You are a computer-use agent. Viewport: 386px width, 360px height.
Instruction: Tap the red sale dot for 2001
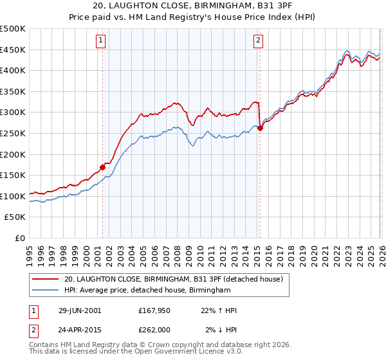pos(103,168)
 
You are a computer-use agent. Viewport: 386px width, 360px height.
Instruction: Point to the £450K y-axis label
pos(13,50)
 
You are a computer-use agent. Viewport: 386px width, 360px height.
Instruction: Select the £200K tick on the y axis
pos(13,154)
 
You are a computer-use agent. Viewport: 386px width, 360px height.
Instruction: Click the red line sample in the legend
pos(46,280)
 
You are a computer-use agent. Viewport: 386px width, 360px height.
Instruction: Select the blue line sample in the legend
pos(46,291)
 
